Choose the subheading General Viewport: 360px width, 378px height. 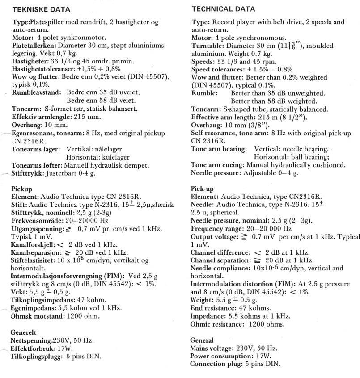point(202,340)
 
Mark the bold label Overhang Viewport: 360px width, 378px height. point(207,125)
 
